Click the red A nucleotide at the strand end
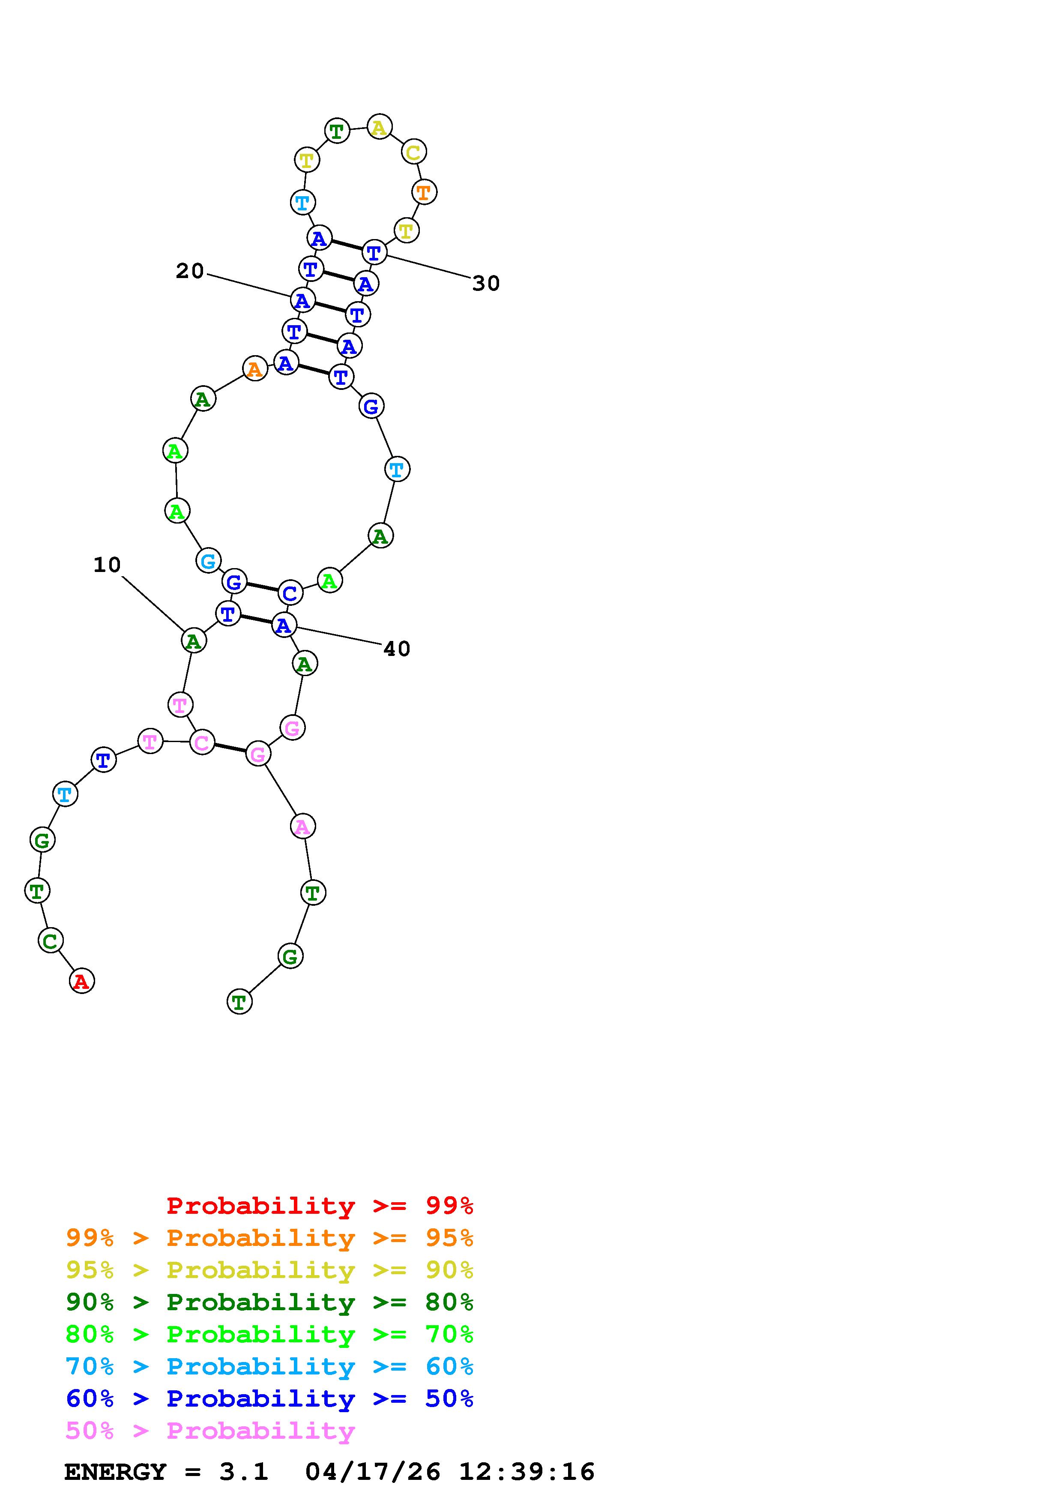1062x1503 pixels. pyautogui.click(x=82, y=981)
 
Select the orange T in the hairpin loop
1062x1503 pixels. pyautogui.click(x=424, y=192)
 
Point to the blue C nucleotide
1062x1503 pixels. pyautogui.click(x=290, y=593)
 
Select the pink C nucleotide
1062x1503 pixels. pyautogui.click(x=201, y=743)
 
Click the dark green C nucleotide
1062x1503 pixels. pyautogui.click(x=51, y=941)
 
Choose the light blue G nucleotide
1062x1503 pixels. pyautogui.click(x=208, y=560)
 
